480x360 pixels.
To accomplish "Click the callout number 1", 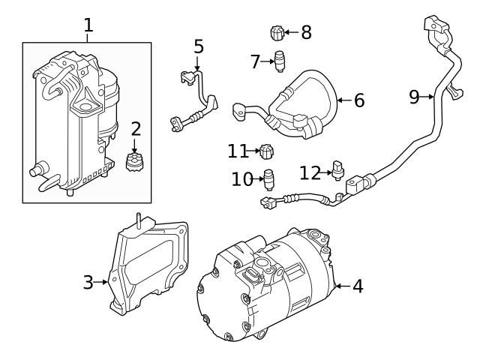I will (x=88, y=25).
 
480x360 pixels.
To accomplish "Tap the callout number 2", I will (x=135, y=129).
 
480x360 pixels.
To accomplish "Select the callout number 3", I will (x=88, y=282).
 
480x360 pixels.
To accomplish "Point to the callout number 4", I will (x=357, y=286).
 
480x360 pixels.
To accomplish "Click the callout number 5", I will (x=198, y=46).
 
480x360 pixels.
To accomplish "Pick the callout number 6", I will (x=358, y=100).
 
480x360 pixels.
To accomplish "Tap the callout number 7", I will (x=255, y=61).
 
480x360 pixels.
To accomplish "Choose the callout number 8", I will (x=305, y=32).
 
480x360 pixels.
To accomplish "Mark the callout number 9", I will (x=414, y=96).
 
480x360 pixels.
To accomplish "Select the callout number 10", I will (x=241, y=179).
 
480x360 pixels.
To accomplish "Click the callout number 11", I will (x=238, y=151).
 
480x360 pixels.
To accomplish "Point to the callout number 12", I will (x=310, y=172).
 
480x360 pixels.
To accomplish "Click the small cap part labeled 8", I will (x=277, y=33).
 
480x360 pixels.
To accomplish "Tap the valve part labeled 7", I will (x=279, y=61).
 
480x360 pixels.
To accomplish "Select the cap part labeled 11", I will (x=265, y=153).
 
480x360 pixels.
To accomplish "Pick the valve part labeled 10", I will (x=268, y=179).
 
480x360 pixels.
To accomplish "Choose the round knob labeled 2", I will (x=135, y=161).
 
